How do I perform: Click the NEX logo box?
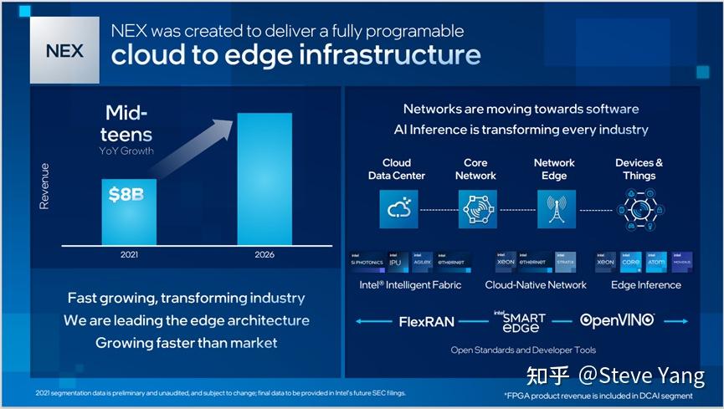click(x=64, y=51)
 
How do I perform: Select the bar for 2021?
click(x=129, y=211)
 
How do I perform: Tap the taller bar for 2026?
click(x=264, y=178)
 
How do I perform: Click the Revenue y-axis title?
click(x=45, y=186)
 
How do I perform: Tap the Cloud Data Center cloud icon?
click(x=397, y=209)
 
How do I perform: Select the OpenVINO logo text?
click(x=618, y=320)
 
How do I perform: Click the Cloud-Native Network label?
click(x=536, y=285)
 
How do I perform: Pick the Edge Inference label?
click(x=646, y=285)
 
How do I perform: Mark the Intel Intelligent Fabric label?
click(x=410, y=285)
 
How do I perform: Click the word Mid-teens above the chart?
click(x=129, y=124)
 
